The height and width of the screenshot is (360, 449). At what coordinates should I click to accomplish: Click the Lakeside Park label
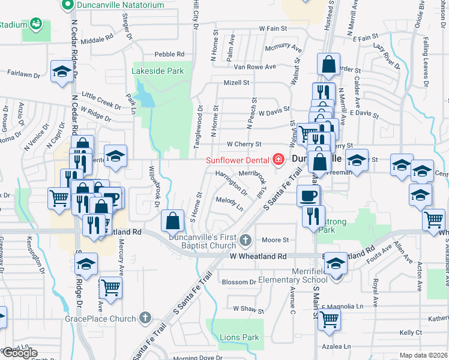158,71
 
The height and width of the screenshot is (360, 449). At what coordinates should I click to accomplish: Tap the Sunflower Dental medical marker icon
277,160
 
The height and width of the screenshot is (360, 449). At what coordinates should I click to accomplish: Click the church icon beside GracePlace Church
145,318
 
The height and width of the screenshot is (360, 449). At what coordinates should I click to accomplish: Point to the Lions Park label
239,337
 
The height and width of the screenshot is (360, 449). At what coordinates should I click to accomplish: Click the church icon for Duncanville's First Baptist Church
244,241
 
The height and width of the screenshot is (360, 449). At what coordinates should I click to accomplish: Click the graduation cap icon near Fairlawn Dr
62,71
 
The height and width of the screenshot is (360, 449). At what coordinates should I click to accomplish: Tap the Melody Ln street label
230,204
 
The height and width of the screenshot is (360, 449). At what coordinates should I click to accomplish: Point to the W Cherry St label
244,144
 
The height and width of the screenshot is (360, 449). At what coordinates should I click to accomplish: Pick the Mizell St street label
236,83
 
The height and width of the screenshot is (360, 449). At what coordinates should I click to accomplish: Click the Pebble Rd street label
167,54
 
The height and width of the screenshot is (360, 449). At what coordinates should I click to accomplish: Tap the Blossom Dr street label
239,282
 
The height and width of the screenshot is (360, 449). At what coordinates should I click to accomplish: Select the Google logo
20,353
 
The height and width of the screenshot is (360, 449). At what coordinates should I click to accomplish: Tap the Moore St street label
277,240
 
